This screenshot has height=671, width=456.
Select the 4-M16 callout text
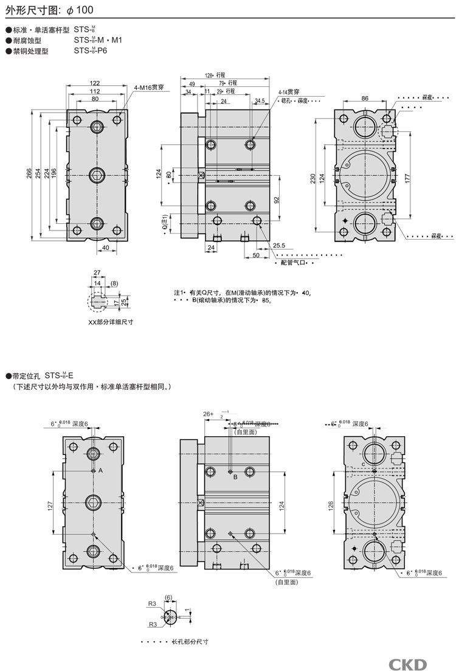pos(149,88)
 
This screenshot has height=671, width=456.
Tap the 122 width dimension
pos(95,83)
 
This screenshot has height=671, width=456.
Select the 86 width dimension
pos(365,97)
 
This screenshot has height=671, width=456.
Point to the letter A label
pos(100,471)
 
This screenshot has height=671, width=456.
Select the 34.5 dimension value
pos(260,100)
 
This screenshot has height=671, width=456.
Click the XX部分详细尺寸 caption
pos(111,322)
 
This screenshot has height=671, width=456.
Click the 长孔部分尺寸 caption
pos(188,642)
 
